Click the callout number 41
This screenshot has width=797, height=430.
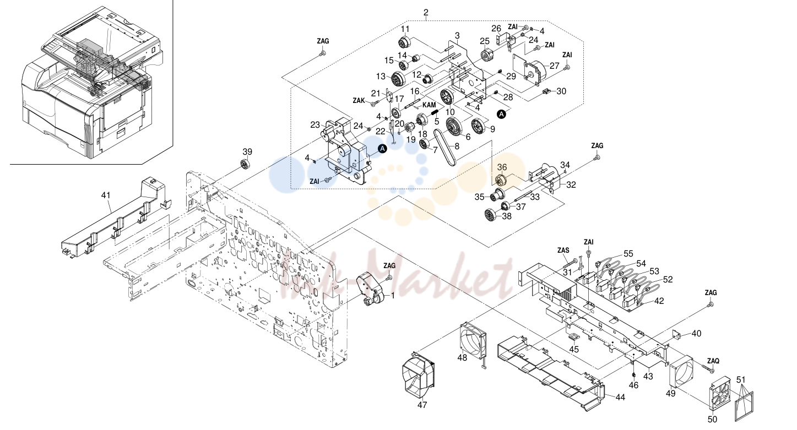point(106,195)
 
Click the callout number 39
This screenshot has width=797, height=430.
point(247,152)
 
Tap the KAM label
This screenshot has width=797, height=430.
point(429,105)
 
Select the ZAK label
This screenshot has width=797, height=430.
point(359,101)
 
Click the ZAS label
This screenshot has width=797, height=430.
point(563,251)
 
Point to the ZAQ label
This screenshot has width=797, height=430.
point(713,361)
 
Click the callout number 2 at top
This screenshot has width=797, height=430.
point(426,13)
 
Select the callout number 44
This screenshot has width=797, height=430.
point(620,398)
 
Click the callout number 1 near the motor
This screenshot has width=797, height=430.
point(393,296)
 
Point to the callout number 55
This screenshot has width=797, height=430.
point(628,254)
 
